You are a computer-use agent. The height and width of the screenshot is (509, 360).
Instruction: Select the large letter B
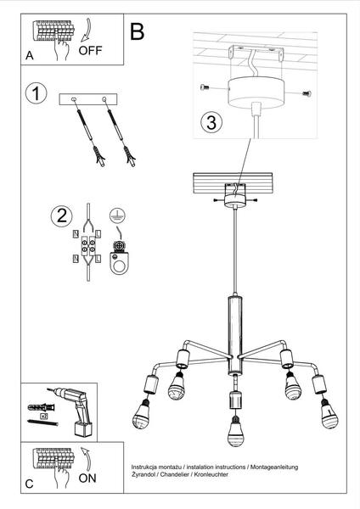(138, 32)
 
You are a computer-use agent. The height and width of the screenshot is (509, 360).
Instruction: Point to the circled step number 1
(36, 94)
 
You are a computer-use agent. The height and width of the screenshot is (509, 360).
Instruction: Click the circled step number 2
(60, 215)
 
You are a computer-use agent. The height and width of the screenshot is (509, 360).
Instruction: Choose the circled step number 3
(211, 123)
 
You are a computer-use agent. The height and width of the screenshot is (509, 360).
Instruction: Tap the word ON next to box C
(88, 478)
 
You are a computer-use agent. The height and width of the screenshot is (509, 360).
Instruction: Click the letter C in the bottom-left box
(31, 484)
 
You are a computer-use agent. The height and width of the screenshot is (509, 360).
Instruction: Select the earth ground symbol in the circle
(119, 215)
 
